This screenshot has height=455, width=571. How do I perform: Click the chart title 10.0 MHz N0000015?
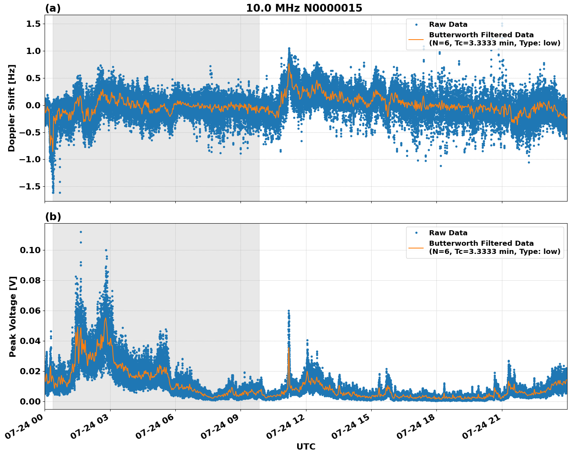(x=304, y=8)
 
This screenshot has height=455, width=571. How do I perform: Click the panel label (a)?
(x=53, y=8)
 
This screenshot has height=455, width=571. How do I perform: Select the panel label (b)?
(x=53, y=217)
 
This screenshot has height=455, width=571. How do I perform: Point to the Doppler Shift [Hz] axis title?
(x=12, y=108)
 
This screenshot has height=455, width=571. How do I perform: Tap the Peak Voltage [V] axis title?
(x=13, y=316)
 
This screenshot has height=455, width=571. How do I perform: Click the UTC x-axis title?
(x=306, y=446)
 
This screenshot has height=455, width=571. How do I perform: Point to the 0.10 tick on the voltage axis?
(x=30, y=250)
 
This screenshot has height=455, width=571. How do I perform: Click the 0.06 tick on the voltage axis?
(x=30, y=311)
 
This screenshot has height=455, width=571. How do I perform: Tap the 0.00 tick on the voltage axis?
(x=30, y=401)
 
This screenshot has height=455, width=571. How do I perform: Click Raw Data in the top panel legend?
(x=448, y=24)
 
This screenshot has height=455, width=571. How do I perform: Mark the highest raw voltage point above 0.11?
(x=81, y=232)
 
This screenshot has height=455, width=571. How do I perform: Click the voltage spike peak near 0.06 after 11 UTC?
(x=289, y=311)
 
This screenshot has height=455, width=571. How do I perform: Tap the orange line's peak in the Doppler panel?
(x=289, y=64)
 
